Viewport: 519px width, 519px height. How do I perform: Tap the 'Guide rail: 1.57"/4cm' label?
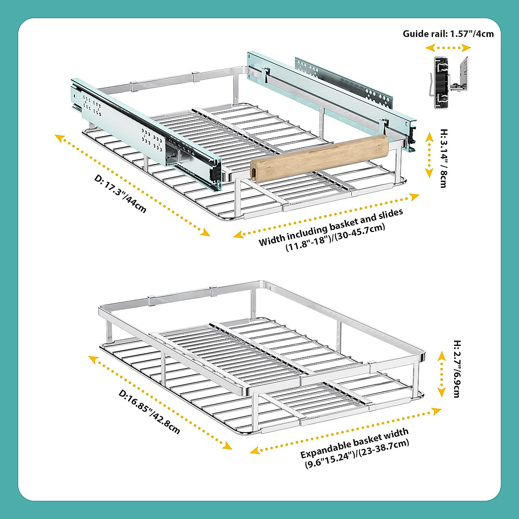coord(448,34)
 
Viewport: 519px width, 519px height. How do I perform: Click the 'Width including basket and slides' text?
coord(330,227)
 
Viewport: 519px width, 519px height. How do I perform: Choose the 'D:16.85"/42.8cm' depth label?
coord(149,412)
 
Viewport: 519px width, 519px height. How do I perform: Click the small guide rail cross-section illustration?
coord(450,82)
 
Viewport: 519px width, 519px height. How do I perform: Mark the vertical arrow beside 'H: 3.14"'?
coord(429,156)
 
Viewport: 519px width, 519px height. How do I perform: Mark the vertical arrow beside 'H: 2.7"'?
coord(442,374)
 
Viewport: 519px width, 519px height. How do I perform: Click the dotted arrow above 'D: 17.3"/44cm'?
coord(132,186)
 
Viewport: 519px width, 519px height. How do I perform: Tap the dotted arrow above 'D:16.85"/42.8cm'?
coord(160,402)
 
